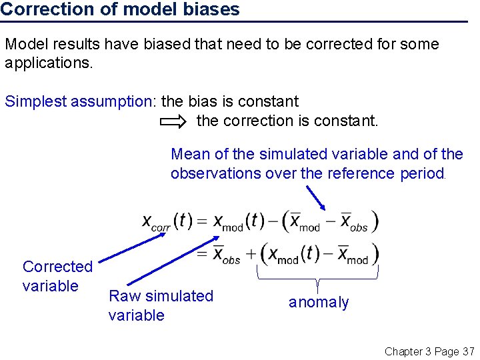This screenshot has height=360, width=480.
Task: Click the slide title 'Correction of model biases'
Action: [x=120, y=9]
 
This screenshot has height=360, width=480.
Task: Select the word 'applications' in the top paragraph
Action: [x=47, y=64]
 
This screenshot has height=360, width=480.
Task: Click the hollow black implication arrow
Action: [x=175, y=121]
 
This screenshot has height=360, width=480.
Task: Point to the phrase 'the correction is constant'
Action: [x=287, y=121]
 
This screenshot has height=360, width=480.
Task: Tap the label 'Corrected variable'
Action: [x=57, y=276]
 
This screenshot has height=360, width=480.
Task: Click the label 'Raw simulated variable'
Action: [x=161, y=305]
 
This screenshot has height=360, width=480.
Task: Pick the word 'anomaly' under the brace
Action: [x=319, y=303]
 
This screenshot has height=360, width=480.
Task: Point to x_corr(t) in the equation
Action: [x=167, y=221]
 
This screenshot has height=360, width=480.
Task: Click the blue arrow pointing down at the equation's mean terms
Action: [x=316, y=197]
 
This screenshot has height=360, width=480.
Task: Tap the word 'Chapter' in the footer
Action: [x=404, y=351]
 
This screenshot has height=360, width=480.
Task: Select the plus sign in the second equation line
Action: [x=251, y=254]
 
